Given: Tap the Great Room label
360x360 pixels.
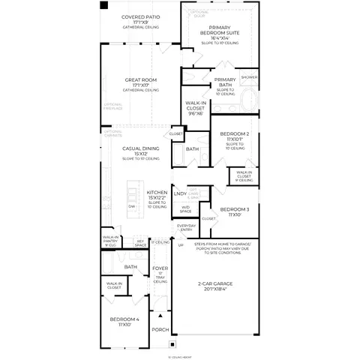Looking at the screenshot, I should pos(141,80).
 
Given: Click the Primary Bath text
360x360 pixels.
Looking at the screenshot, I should pos(226,83).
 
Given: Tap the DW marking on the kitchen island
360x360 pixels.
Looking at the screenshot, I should pos(132,205).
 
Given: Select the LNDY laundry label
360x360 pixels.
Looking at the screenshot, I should pos(180,194).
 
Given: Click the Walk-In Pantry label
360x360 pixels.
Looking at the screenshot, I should pos(112,240).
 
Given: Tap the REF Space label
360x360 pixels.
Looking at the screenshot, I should pos(140,243).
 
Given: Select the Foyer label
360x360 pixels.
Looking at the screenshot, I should pos(160,268).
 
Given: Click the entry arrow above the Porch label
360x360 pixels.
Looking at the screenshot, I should pos(160,316).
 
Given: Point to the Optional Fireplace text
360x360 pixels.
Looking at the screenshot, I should pos(112,107).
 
